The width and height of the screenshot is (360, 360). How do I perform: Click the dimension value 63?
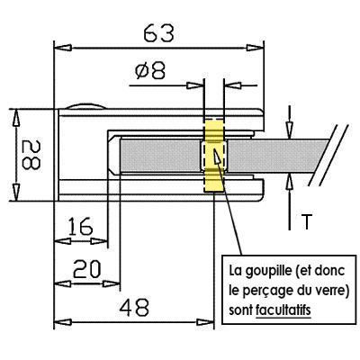tap(158, 33)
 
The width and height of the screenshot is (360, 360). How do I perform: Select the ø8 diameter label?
tap(150, 71)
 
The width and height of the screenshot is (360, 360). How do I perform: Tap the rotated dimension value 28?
tap(31, 155)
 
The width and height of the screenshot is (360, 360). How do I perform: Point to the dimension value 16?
tap(80, 226)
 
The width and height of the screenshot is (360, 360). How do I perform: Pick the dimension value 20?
tap(87, 269)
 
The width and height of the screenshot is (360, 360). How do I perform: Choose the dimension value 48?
tap(134, 307)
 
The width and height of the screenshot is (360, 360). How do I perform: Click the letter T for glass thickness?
tap(306, 221)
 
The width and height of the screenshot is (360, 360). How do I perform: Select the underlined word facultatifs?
tap(283, 310)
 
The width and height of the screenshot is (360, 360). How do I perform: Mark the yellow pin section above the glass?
tap(214, 130)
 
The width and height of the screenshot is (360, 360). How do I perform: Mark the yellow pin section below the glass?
tap(214, 181)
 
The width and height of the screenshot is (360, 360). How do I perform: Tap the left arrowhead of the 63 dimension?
tap(63, 48)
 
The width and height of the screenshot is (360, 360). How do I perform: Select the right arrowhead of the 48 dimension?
tap(205, 322)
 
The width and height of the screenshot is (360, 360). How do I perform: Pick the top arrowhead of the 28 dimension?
tap(16, 118)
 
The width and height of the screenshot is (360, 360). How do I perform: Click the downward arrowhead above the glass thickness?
tap(289, 130)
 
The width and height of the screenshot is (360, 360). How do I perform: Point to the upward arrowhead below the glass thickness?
tap(289, 183)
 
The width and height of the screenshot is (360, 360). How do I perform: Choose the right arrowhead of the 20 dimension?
tap(112, 283)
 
